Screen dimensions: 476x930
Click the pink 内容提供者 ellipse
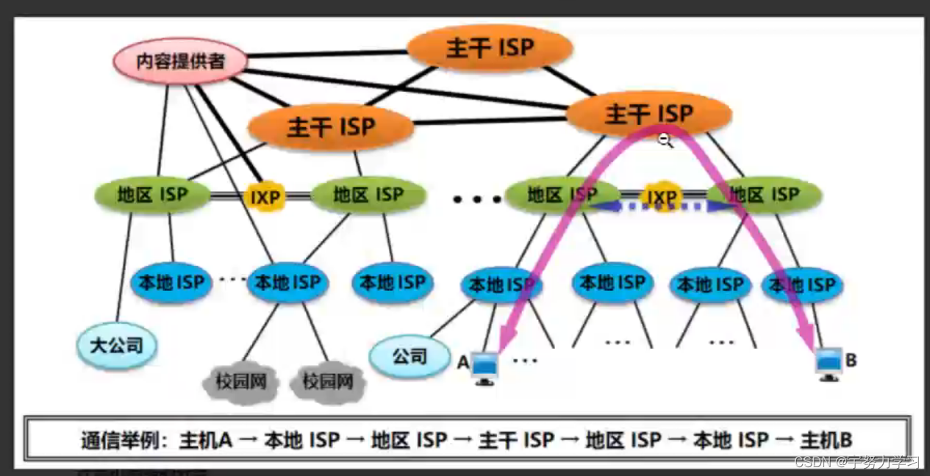(180, 62)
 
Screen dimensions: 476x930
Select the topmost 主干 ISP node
(490, 48)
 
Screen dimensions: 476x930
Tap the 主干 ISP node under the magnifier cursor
(649, 114)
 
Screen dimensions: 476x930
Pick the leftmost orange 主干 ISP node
(331, 127)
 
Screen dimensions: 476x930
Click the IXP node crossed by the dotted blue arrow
(660, 198)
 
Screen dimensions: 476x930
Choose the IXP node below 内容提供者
(265, 197)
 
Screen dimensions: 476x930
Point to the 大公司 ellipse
(117, 345)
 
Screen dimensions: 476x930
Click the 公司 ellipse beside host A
(409, 357)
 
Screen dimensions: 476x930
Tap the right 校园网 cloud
(327, 382)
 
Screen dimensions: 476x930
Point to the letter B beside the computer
(851, 360)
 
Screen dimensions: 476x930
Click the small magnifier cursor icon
(665, 141)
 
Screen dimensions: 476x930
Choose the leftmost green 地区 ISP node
(152, 195)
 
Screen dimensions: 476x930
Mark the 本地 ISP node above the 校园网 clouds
(287, 282)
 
